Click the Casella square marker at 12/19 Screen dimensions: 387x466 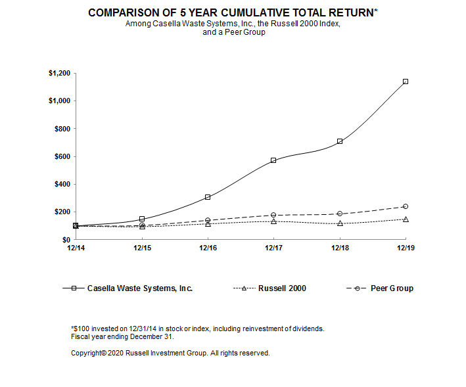[406, 81]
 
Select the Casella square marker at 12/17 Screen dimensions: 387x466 [273, 160]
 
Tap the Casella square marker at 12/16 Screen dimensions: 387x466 [208, 197]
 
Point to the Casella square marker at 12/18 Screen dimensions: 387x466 [340, 141]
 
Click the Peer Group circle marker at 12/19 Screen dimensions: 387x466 [406, 206]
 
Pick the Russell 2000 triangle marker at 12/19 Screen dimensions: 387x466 [406, 219]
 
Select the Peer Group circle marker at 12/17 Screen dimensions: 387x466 [273, 215]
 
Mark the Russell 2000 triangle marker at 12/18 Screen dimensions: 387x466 [340, 223]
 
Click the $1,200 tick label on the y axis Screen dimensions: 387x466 [58, 73]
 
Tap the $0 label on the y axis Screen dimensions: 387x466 [65, 240]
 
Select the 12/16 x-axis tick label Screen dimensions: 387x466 [208, 248]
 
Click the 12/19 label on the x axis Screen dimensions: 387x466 [406, 248]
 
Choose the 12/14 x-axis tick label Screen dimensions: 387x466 [76, 248]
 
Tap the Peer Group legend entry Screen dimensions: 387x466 [391, 288]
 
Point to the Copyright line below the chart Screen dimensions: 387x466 [170, 353]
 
